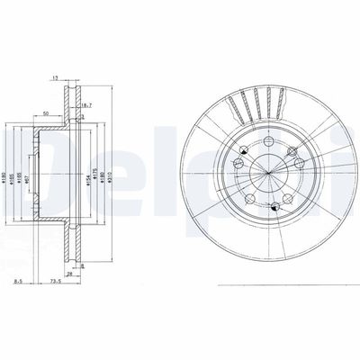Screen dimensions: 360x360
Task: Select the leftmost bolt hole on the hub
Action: [236, 162]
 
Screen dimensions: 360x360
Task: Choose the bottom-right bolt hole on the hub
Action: [286, 198]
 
